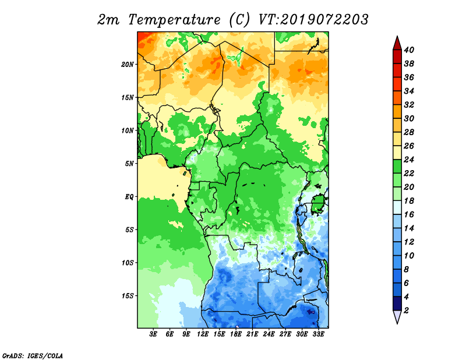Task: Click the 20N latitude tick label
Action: tap(128, 65)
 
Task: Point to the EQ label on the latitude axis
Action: tap(129, 197)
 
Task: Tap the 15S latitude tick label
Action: tap(128, 296)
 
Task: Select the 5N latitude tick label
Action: tap(129, 164)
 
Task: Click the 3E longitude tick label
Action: tap(153, 334)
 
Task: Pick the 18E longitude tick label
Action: tap(235, 334)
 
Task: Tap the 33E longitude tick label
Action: tap(318, 334)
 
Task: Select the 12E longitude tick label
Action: tap(202, 334)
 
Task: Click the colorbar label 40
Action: tap(409, 50)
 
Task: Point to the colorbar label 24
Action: tap(409, 160)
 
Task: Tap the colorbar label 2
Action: tap(406, 310)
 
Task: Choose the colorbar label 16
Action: tap(409, 214)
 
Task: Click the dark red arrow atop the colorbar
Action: tap(397, 43)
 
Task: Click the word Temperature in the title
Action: tap(174, 20)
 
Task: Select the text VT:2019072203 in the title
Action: tap(313, 20)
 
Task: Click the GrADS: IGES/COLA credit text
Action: tap(33, 356)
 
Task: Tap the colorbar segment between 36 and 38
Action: tap(397, 70)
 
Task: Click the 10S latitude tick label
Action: tap(128, 263)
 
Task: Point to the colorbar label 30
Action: tap(409, 119)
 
